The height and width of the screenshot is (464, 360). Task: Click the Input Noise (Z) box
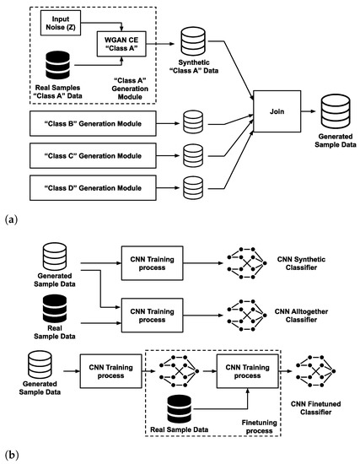(x=61, y=23)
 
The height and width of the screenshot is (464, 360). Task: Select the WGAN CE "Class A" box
(x=121, y=44)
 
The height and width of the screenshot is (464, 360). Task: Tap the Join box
(x=277, y=111)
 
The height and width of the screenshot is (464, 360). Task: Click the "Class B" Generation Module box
(x=93, y=124)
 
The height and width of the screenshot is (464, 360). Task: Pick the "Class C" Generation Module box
(x=93, y=156)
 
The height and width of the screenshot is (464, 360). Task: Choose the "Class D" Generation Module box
(x=93, y=188)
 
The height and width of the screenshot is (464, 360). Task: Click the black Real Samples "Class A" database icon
(x=57, y=65)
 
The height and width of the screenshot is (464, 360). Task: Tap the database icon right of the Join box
(x=336, y=111)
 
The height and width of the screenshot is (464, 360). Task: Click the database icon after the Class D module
(x=193, y=188)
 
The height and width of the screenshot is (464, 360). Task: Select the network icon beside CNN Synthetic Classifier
(x=247, y=263)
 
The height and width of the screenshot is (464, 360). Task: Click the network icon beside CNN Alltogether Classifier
(x=247, y=316)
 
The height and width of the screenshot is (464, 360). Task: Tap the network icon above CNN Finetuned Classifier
(x=315, y=371)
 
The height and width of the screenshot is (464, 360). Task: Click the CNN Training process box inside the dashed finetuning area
(x=248, y=371)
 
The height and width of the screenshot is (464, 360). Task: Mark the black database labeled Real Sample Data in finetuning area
(x=180, y=408)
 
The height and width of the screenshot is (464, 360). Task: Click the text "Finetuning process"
(x=259, y=427)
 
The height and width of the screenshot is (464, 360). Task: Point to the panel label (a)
(x=12, y=220)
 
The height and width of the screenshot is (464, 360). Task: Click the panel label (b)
(x=12, y=455)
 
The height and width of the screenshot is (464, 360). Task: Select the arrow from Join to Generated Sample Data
(x=309, y=111)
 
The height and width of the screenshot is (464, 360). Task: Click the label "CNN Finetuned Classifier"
(x=315, y=407)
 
